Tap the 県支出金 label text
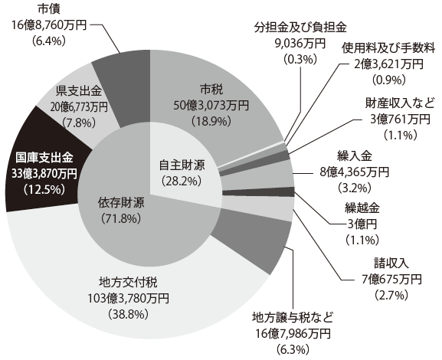[x=79, y=91]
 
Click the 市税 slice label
[x=211, y=90]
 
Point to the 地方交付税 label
[x=128, y=283]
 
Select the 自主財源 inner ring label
[x=182, y=165]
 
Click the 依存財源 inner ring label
[x=121, y=203]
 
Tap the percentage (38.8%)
[x=128, y=314]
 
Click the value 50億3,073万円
[x=211, y=106]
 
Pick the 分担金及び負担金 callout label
[x=300, y=28]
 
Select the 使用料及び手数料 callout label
[x=388, y=48]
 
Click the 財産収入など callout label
[x=401, y=103]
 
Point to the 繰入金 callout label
[x=355, y=156]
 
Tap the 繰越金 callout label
[x=362, y=208]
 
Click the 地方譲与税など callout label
[x=293, y=318]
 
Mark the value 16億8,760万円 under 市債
[x=49, y=25]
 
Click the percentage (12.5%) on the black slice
[x=44, y=189]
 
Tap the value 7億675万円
[x=391, y=279]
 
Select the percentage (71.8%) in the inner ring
[x=121, y=218]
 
